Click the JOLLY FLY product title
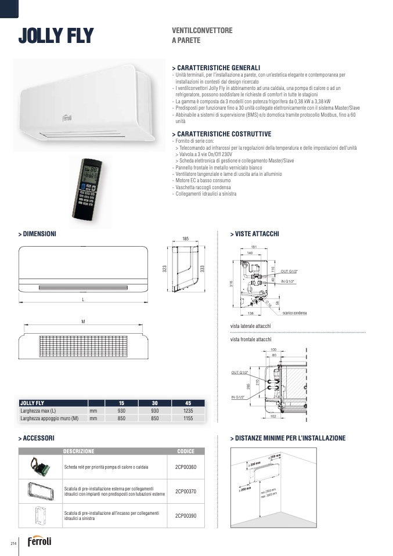[x=56, y=36]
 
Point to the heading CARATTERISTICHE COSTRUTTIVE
[x=222, y=134]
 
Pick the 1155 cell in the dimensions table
[x=188, y=417]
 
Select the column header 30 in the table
[x=155, y=403]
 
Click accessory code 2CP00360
[x=186, y=467]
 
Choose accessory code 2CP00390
[x=186, y=515]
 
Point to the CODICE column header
[x=186, y=451]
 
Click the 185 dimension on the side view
[x=186, y=239]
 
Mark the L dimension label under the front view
[x=83, y=299]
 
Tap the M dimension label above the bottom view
[x=83, y=322]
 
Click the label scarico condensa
[x=294, y=313]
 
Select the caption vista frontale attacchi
[x=251, y=339]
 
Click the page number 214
[x=12, y=543]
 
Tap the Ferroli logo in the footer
[x=39, y=541]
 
